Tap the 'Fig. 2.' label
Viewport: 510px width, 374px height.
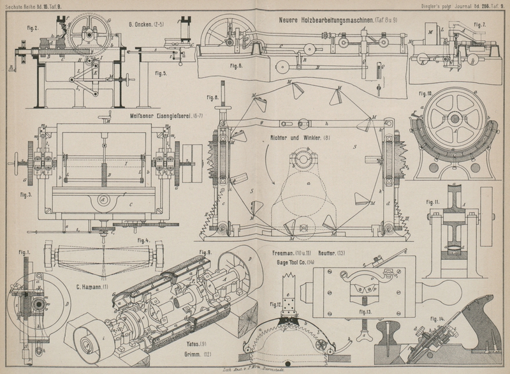pyautogui.click(x=32, y=28)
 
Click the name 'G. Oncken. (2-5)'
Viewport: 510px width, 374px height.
pyautogui.click(x=146, y=24)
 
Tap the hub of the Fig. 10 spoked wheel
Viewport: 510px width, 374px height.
pyautogui.click(x=455, y=119)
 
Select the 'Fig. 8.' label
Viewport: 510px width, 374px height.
pyautogui.click(x=212, y=98)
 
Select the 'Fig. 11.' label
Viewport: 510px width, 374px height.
pyautogui.click(x=433, y=202)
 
